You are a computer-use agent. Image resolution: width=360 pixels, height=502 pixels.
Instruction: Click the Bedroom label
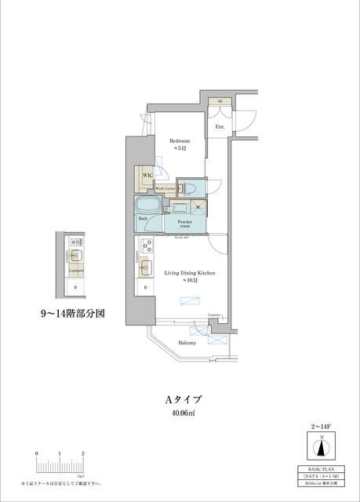180,141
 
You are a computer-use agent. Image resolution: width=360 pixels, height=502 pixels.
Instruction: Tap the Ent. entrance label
220,126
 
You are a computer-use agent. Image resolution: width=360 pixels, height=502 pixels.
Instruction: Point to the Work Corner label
164,189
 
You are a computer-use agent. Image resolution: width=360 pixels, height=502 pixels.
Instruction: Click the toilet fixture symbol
187,187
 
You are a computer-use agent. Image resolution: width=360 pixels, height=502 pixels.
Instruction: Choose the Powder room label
184,225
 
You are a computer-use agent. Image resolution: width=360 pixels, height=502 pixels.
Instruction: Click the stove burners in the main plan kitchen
146,243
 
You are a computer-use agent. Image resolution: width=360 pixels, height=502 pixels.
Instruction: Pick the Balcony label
185,343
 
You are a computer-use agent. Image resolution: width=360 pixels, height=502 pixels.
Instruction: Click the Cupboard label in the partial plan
76,270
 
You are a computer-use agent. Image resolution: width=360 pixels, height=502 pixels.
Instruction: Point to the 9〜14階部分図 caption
73,313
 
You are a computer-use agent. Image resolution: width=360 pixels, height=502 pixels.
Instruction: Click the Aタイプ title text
180,399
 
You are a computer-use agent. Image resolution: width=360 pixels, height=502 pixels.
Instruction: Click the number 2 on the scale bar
83,454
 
